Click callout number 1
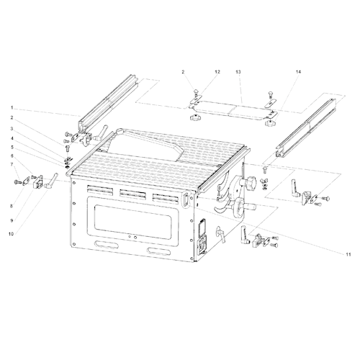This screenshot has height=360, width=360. coord(12,109)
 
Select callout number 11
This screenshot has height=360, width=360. coord(348,255)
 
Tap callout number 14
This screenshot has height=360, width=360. coord(298,72)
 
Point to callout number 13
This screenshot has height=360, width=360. coord(238,72)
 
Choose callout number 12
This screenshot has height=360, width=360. coord(217,72)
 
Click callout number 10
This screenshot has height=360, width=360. coord(12,234)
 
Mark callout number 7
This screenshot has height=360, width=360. coord(12,164)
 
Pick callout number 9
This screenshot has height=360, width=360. coord(12,221)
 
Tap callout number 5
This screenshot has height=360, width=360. coord(12,147)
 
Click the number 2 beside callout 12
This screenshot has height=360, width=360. coord(183,72)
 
